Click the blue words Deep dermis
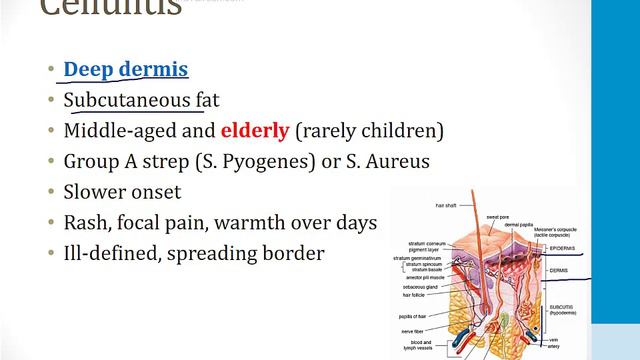(125, 69)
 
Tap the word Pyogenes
(305, 161)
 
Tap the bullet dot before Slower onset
(50, 192)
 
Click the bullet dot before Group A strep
(50, 162)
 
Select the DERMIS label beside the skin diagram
(587, 270)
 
